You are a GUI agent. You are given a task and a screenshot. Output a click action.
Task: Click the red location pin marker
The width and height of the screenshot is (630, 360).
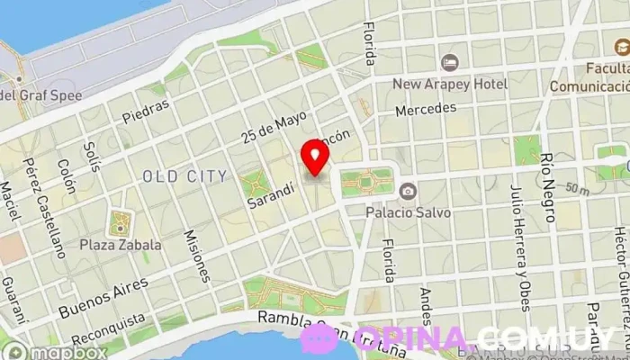(x=315, y=156)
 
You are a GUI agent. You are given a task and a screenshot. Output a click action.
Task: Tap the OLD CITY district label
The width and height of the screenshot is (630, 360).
(x=184, y=176)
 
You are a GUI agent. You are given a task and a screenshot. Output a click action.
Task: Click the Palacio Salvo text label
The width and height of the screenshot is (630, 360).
(x=407, y=212)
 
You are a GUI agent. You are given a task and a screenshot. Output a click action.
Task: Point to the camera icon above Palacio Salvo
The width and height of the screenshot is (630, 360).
(x=408, y=191)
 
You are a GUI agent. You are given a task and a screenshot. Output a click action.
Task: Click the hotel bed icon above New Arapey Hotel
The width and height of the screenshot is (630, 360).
(x=449, y=63)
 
